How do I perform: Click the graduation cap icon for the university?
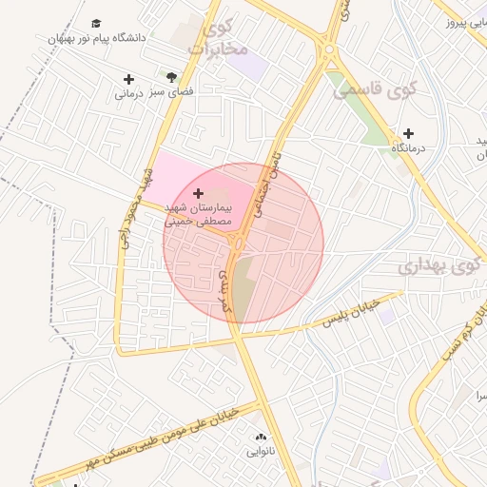95,23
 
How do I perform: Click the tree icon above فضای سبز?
171,77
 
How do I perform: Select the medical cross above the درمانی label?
128,78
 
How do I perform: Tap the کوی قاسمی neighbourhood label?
371,90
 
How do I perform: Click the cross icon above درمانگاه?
408,134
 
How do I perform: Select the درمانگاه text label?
409,148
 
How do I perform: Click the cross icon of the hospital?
197,194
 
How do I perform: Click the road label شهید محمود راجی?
136,209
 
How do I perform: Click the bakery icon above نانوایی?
260,437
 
